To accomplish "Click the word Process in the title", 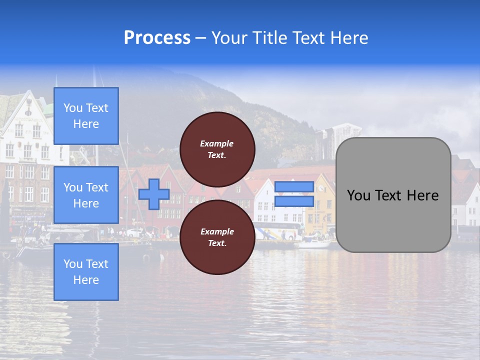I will [157, 38].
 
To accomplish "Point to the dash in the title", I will [200, 38].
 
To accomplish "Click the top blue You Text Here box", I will [86, 116].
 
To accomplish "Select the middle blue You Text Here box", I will [86, 195].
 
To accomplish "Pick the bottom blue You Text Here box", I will [86, 272].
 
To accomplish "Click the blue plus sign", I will [154, 194].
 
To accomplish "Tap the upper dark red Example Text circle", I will [217, 149].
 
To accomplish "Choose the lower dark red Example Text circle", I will [217, 237].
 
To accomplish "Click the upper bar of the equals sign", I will [294, 186].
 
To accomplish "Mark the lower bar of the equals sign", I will [294, 201].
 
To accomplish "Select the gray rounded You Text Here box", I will [393, 195].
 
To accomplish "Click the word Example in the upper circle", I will [217, 143].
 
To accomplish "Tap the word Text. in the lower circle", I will [217, 243].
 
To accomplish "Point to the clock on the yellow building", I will [320, 189].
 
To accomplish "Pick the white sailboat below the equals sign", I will [314, 243].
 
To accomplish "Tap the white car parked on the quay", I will [134, 232].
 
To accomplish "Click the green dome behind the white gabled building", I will [48, 107].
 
